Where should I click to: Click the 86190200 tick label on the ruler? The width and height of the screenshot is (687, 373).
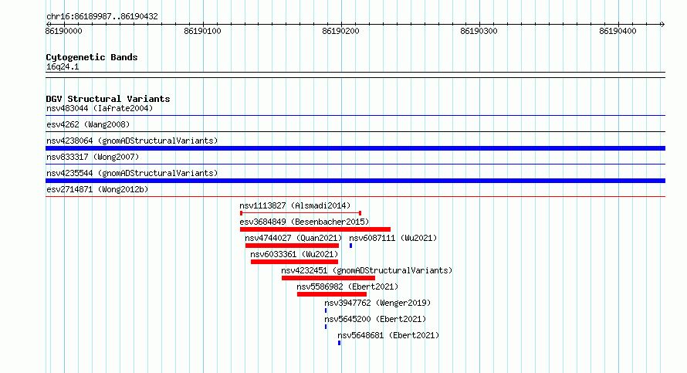tap(340, 31)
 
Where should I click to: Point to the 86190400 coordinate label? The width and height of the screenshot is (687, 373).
tap(618, 31)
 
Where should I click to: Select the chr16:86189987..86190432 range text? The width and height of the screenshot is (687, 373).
tap(102, 17)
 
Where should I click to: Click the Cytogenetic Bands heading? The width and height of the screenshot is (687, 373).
tap(92, 57)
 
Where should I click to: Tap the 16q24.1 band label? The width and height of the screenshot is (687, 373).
tap(63, 66)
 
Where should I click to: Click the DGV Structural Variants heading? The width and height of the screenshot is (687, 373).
tap(108, 99)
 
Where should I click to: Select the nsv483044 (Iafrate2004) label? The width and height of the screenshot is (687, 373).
tap(100, 108)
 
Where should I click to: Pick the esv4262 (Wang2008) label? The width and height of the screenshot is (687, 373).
tap(88, 124)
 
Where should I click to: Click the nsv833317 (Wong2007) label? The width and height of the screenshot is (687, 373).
tap(93, 157)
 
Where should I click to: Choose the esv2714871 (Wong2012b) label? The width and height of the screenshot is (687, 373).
tap(97, 189)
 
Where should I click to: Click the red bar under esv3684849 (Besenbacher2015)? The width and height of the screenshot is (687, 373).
tap(315, 229)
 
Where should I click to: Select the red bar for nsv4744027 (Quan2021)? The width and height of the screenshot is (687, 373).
tap(293, 246)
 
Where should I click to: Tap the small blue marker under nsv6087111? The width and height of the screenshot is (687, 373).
tap(350, 246)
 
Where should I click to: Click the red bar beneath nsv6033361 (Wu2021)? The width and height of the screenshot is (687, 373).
tap(294, 262)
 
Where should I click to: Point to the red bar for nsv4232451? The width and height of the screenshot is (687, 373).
tap(328, 278)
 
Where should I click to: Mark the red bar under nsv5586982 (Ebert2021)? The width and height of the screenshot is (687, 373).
tap(332, 294)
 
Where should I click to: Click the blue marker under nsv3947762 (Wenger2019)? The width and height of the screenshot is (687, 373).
tap(326, 310)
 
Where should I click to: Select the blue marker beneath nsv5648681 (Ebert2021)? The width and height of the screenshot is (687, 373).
tap(339, 343)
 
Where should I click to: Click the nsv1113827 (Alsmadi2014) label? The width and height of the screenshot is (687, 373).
tap(295, 205)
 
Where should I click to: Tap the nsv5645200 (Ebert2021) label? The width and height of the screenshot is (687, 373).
tap(375, 319)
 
